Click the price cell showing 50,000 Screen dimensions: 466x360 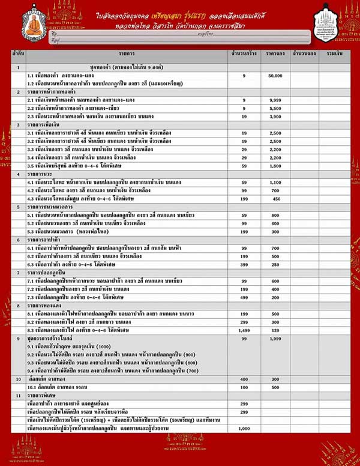tap(275, 77)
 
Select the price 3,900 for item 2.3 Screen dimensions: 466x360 tap(275, 115)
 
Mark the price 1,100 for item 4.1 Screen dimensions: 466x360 tap(275, 181)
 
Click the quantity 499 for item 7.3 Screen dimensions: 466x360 tap(244, 297)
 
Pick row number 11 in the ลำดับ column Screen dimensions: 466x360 tap(19, 396)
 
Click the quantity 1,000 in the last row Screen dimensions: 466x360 tap(244, 429)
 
